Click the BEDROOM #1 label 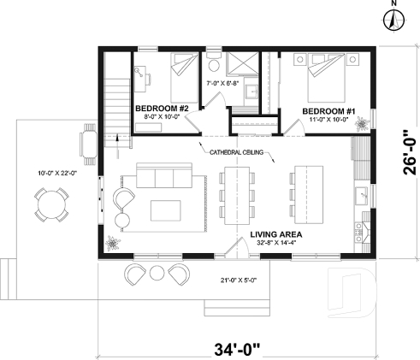click(328, 112)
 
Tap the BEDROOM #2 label click(167, 109)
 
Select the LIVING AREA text click(279, 234)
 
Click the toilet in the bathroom click(214, 65)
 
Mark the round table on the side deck click(53, 205)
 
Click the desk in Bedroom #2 click(141, 79)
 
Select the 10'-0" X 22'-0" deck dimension click(56, 173)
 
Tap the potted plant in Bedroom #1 click(366, 126)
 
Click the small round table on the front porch click(157, 274)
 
